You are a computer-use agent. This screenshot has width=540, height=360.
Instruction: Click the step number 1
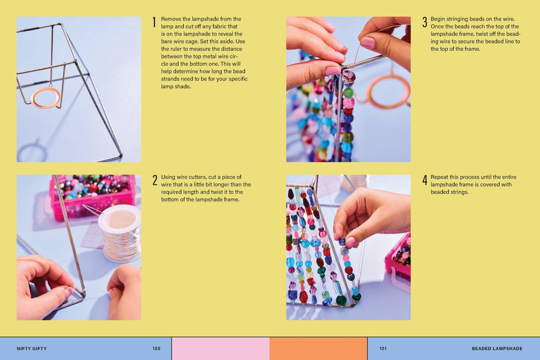[154, 22]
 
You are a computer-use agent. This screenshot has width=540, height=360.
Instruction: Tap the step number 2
[155, 180]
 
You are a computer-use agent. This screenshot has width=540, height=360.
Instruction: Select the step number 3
[425, 22]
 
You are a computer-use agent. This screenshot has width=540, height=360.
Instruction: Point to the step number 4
[425, 180]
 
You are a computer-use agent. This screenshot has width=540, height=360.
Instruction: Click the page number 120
[156, 348]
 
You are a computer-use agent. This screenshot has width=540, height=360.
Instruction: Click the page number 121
[383, 348]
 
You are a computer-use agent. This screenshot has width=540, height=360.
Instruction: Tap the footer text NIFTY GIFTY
[32, 348]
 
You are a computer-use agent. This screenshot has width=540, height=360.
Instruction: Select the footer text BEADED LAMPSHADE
[497, 348]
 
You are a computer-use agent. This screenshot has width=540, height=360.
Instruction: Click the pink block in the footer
[220, 349]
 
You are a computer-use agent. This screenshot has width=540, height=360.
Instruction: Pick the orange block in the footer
[318, 349]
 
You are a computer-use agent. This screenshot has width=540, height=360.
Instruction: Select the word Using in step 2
[168, 177]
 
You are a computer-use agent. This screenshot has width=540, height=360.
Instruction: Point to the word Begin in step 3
[438, 19]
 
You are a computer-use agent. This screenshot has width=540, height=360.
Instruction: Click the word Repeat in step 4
[439, 177]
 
